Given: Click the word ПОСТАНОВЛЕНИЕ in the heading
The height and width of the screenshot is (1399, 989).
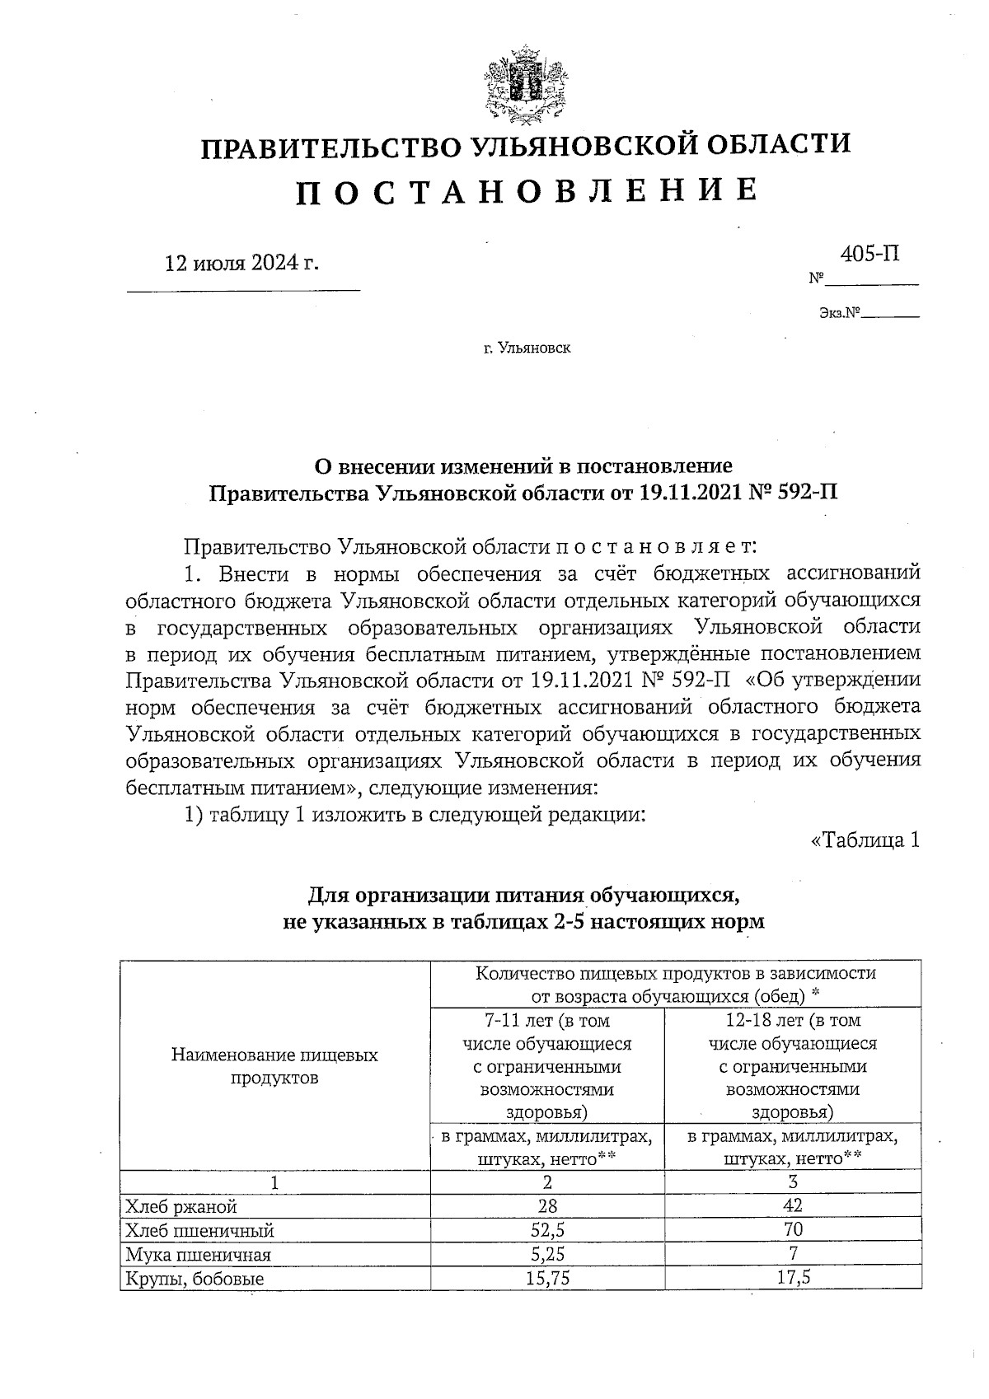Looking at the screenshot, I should [527, 191].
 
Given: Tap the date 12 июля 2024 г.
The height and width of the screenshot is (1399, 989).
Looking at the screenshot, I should [241, 263].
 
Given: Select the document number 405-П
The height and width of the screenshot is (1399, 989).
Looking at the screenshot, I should [869, 254].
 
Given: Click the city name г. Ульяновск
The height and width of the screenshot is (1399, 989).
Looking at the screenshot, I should [527, 349].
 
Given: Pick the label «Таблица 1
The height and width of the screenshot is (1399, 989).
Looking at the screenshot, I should [865, 840].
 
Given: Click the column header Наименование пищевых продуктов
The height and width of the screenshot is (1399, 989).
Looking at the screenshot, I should [274, 1066].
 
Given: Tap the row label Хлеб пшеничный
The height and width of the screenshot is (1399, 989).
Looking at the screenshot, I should [199, 1231].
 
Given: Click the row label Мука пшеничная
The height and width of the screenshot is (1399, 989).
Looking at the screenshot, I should [198, 1255].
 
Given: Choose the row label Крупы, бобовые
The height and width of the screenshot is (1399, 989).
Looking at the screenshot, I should [195, 1279].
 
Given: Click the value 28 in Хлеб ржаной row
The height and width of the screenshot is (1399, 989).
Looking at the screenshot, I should [547, 1206].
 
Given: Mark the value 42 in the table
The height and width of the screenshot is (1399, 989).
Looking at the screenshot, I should [793, 1206].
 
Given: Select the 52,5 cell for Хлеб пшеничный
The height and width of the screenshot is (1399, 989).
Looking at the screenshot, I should [547, 1230].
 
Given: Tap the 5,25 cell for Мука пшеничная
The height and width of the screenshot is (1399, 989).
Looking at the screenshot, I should [547, 1254].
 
